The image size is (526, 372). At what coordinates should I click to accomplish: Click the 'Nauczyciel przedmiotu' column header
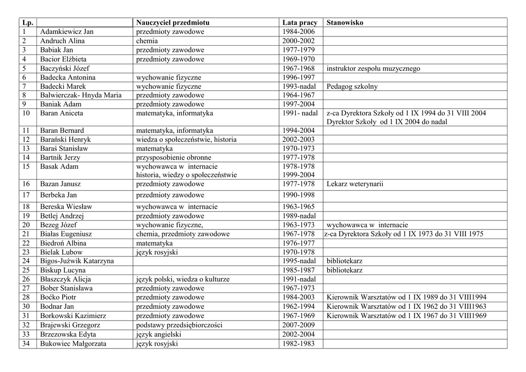tap(173, 23)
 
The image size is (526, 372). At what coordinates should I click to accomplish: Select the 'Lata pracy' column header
tap(300, 23)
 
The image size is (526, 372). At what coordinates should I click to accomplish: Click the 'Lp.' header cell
tap(28, 23)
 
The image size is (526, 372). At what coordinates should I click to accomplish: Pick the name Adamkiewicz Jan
tap(67, 32)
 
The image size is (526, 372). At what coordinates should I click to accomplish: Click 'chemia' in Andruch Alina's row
tap(147, 41)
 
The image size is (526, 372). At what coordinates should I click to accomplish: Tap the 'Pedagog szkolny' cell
tap(352, 86)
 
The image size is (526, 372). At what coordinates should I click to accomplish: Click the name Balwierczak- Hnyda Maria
tap(81, 95)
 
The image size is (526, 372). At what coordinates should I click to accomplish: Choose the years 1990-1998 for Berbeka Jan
tap(298, 195)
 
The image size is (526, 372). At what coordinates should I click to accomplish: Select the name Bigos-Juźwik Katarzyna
tap(77, 261)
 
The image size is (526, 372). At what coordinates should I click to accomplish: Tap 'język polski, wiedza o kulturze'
tap(183, 279)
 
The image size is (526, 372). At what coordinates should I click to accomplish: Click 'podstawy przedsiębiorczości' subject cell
tap(179, 325)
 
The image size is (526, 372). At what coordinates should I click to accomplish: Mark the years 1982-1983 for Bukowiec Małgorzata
tap(298, 344)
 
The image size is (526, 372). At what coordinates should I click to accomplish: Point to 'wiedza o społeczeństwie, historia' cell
tap(186, 140)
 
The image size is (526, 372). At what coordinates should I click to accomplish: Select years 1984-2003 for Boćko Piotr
tap(298, 297)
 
